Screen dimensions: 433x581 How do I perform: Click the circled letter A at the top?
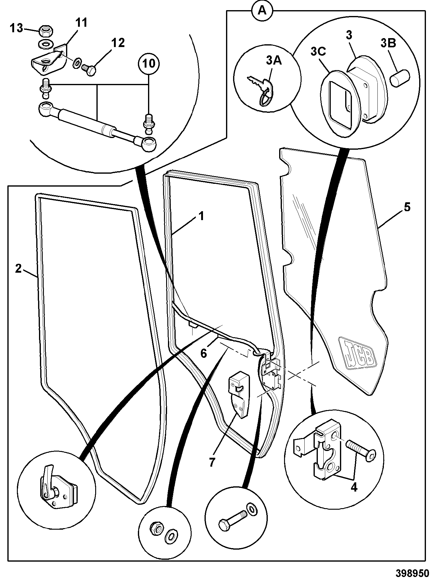262,11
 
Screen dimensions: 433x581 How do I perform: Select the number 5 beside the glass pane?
407,207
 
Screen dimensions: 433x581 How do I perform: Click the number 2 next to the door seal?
18,268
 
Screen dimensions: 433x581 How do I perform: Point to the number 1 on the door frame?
201,216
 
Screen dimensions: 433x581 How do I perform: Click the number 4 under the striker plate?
354,488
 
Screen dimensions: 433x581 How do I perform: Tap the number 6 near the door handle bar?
203,354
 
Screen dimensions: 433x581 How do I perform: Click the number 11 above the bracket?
81,22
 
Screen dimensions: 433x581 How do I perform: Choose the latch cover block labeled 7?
240,394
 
